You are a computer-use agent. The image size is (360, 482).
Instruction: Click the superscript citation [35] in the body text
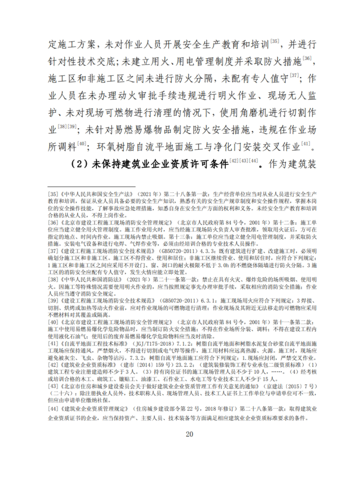pos(274,41)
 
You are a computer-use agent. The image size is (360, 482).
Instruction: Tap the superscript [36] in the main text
pos(308,59)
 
